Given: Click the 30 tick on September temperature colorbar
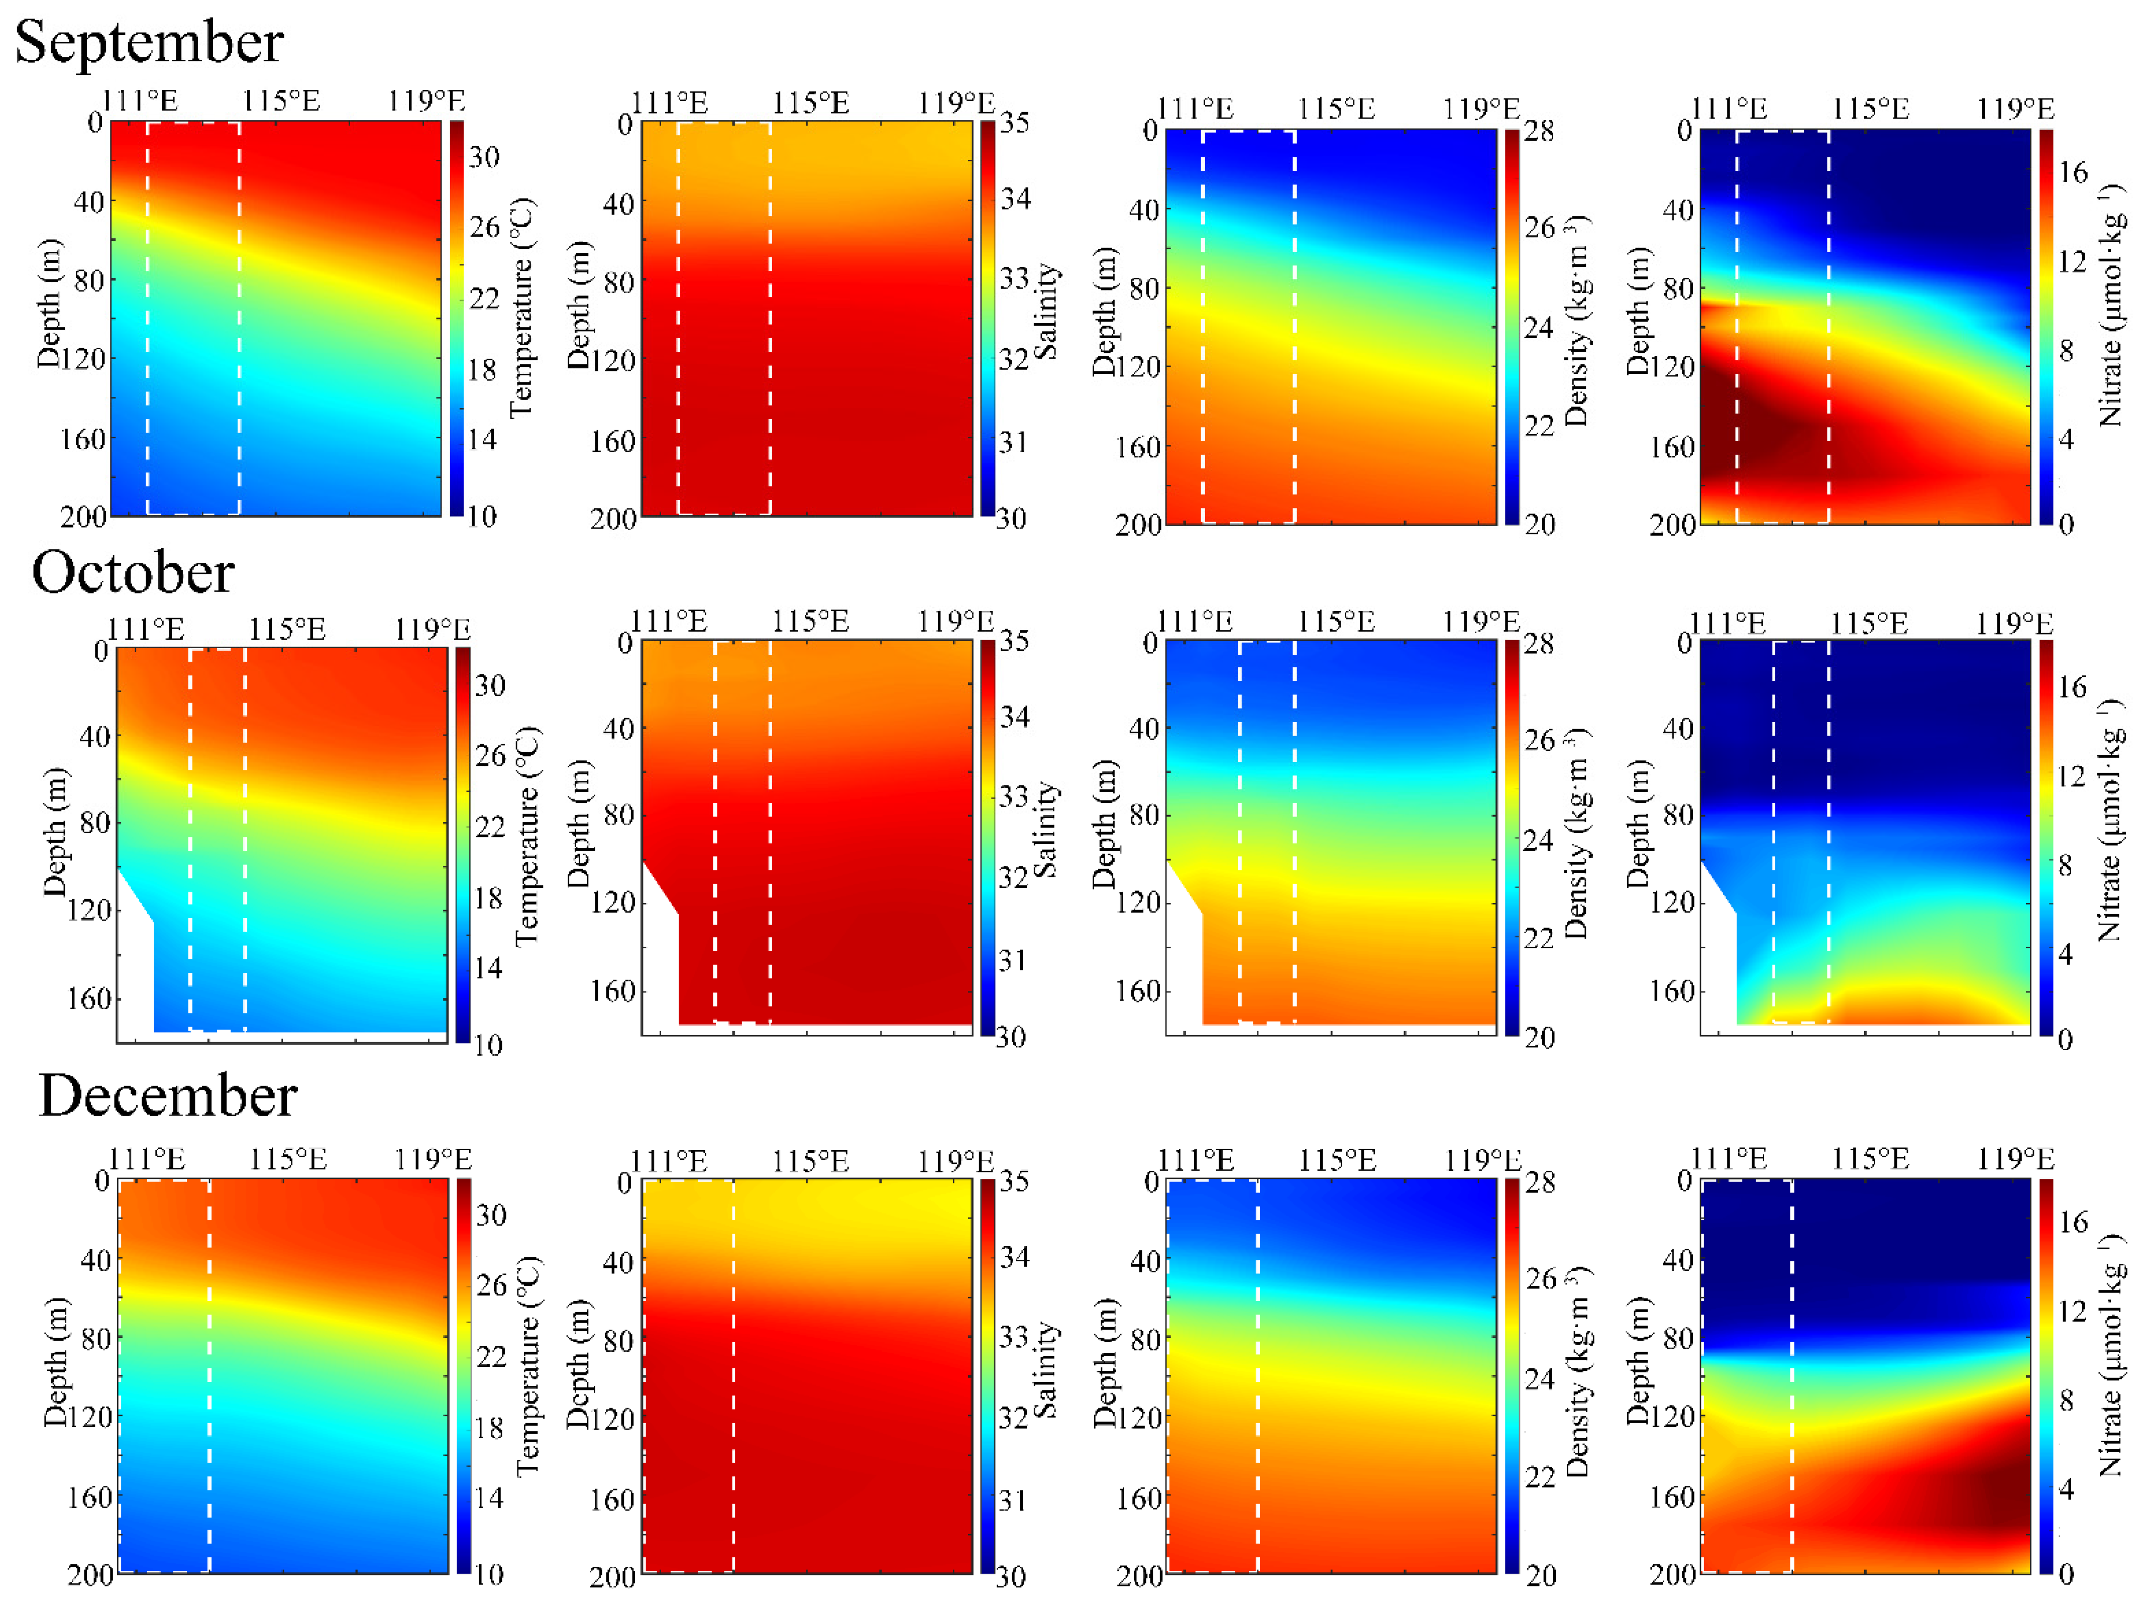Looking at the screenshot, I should [x=484, y=157].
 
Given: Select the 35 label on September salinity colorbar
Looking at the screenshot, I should [x=1014, y=123].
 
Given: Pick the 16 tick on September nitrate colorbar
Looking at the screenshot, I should [x=2072, y=172].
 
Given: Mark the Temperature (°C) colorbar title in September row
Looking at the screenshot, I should [x=522, y=308].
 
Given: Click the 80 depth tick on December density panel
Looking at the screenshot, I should [x=1145, y=1340].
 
